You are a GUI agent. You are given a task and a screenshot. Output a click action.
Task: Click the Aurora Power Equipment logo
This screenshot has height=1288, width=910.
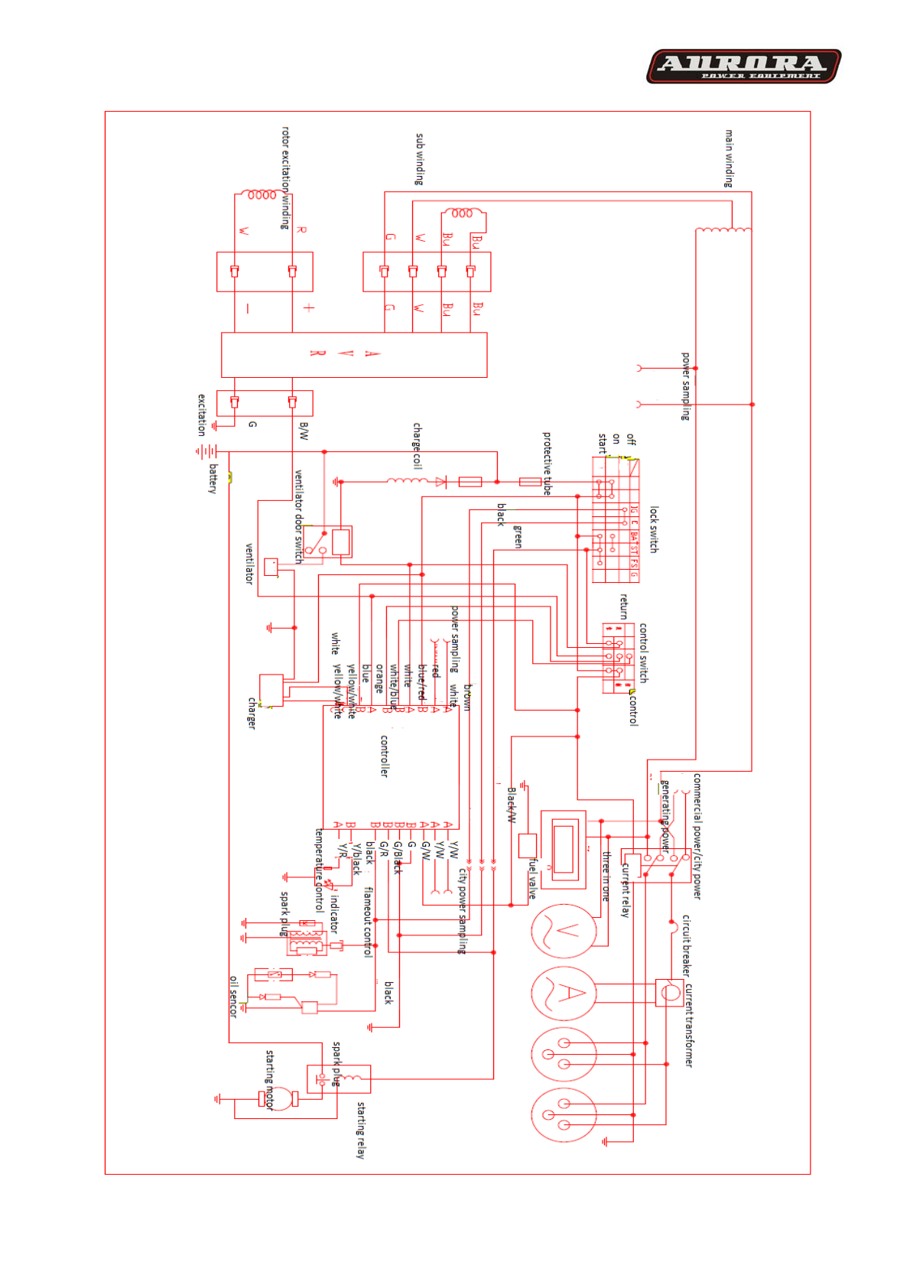click(743, 67)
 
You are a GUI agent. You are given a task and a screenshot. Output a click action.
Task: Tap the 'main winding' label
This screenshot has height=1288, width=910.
click(729, 158)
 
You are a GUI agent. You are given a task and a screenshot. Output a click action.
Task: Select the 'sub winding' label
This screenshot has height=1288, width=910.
click(419, 159)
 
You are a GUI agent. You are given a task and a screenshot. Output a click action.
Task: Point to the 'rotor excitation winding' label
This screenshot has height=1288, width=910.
click(285, 177)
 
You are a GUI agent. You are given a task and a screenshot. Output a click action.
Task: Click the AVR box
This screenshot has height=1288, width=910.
click(353, 354)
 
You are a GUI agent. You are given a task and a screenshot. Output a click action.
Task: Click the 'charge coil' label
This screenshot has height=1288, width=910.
click(418, 445)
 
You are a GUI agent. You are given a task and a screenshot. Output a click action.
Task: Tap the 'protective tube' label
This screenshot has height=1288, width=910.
click(547, 463)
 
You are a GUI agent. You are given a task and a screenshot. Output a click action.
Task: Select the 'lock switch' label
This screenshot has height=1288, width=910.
click(654, 529)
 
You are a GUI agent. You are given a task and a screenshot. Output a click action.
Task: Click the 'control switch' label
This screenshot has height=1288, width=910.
click(643, 652)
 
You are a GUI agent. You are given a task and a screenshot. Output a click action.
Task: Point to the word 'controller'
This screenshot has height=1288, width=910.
click(385, 756)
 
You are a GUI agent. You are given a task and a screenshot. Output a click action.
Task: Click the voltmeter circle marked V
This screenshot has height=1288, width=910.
click(564, 931)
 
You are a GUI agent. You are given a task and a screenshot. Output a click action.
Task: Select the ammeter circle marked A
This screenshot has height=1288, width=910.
click(564, 993)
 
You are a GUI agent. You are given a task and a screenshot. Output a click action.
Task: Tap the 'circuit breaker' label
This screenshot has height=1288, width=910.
click(686, 945)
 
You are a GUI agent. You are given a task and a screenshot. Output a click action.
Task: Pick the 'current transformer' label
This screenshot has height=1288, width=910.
click(688, 1025)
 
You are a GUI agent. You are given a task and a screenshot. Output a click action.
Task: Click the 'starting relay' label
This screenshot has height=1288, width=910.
click(360, 1130)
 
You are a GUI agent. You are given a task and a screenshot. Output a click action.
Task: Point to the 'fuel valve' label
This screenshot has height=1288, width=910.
click(532, 878)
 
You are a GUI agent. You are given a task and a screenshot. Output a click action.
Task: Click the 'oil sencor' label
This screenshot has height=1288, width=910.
click(233, 996)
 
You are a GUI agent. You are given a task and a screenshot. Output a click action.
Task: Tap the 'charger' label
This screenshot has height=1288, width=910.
click(252, 713)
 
